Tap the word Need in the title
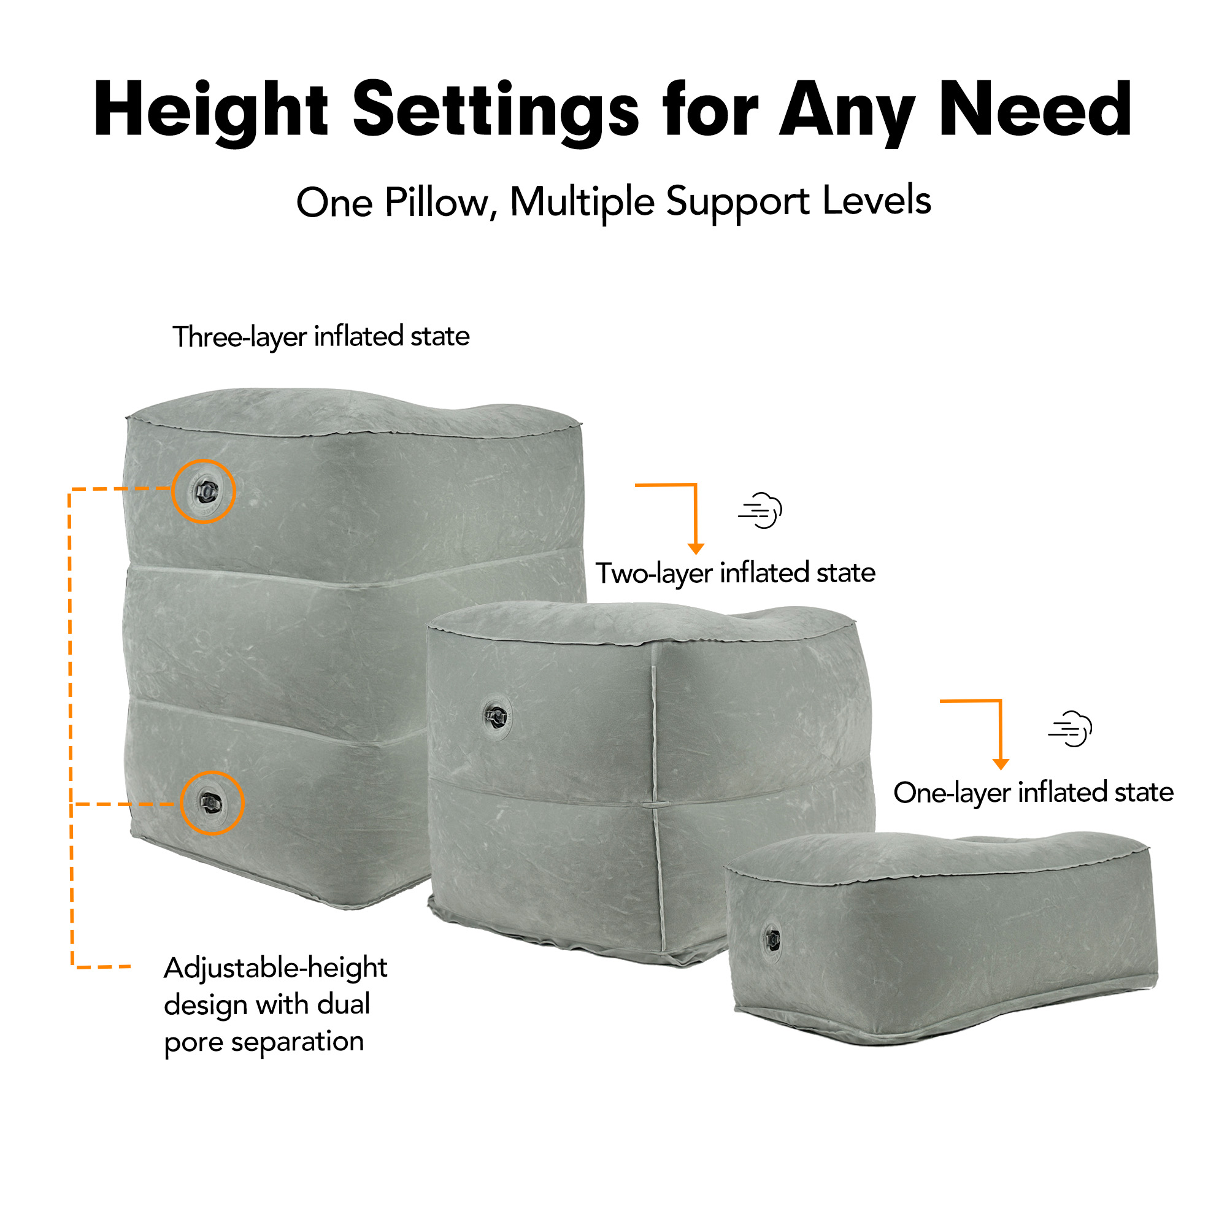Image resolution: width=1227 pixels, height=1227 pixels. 1035,109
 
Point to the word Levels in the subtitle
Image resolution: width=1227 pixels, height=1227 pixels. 877,201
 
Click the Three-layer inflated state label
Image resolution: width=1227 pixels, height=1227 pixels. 321,337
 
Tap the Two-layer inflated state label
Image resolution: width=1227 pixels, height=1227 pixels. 736,573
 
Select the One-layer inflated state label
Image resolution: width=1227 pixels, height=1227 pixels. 1033,793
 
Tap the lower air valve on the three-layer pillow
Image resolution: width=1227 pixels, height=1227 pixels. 212,804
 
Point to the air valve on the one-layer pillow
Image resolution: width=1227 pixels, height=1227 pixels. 772,937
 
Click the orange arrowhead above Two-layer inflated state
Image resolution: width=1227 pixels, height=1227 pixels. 696,548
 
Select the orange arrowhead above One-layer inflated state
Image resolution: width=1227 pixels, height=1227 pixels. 1001,764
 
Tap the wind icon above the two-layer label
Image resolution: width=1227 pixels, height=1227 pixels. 760,510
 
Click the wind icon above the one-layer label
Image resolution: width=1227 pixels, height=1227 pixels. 1070,728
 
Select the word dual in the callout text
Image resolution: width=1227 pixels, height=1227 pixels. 344,1004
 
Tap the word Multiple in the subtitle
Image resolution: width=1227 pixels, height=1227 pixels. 582,202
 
